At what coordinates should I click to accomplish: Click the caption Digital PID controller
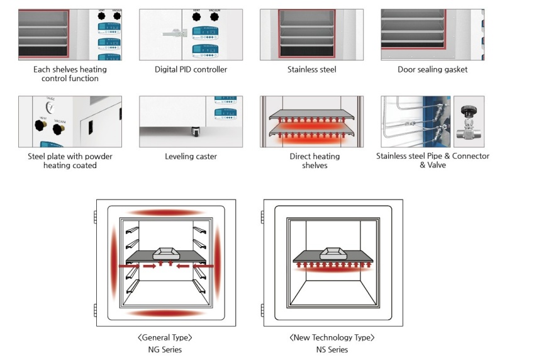(x=191, y=69)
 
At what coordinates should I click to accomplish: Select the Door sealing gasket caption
(x=432, y=69)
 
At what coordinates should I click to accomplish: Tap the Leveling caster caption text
(x=191, y=156)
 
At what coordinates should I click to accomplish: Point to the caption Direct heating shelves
(x=311, y=160)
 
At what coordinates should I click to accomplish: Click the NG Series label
(x=165, y=349)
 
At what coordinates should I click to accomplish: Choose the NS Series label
(x=332, y=349)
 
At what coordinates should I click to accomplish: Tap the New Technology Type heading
(x=332, y=338)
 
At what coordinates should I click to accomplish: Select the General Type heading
(x=165, y=338)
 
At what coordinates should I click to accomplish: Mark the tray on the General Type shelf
(x=165, y=252)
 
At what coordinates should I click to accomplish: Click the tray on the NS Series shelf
(x=332, y=253)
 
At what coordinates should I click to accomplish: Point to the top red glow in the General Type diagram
(x=165, y=212)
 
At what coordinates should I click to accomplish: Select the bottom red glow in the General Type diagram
(x=165, y=313)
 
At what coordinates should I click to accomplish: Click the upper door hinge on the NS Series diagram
(x=262, y=217)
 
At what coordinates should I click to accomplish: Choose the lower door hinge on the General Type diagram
(x=94, y=311)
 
